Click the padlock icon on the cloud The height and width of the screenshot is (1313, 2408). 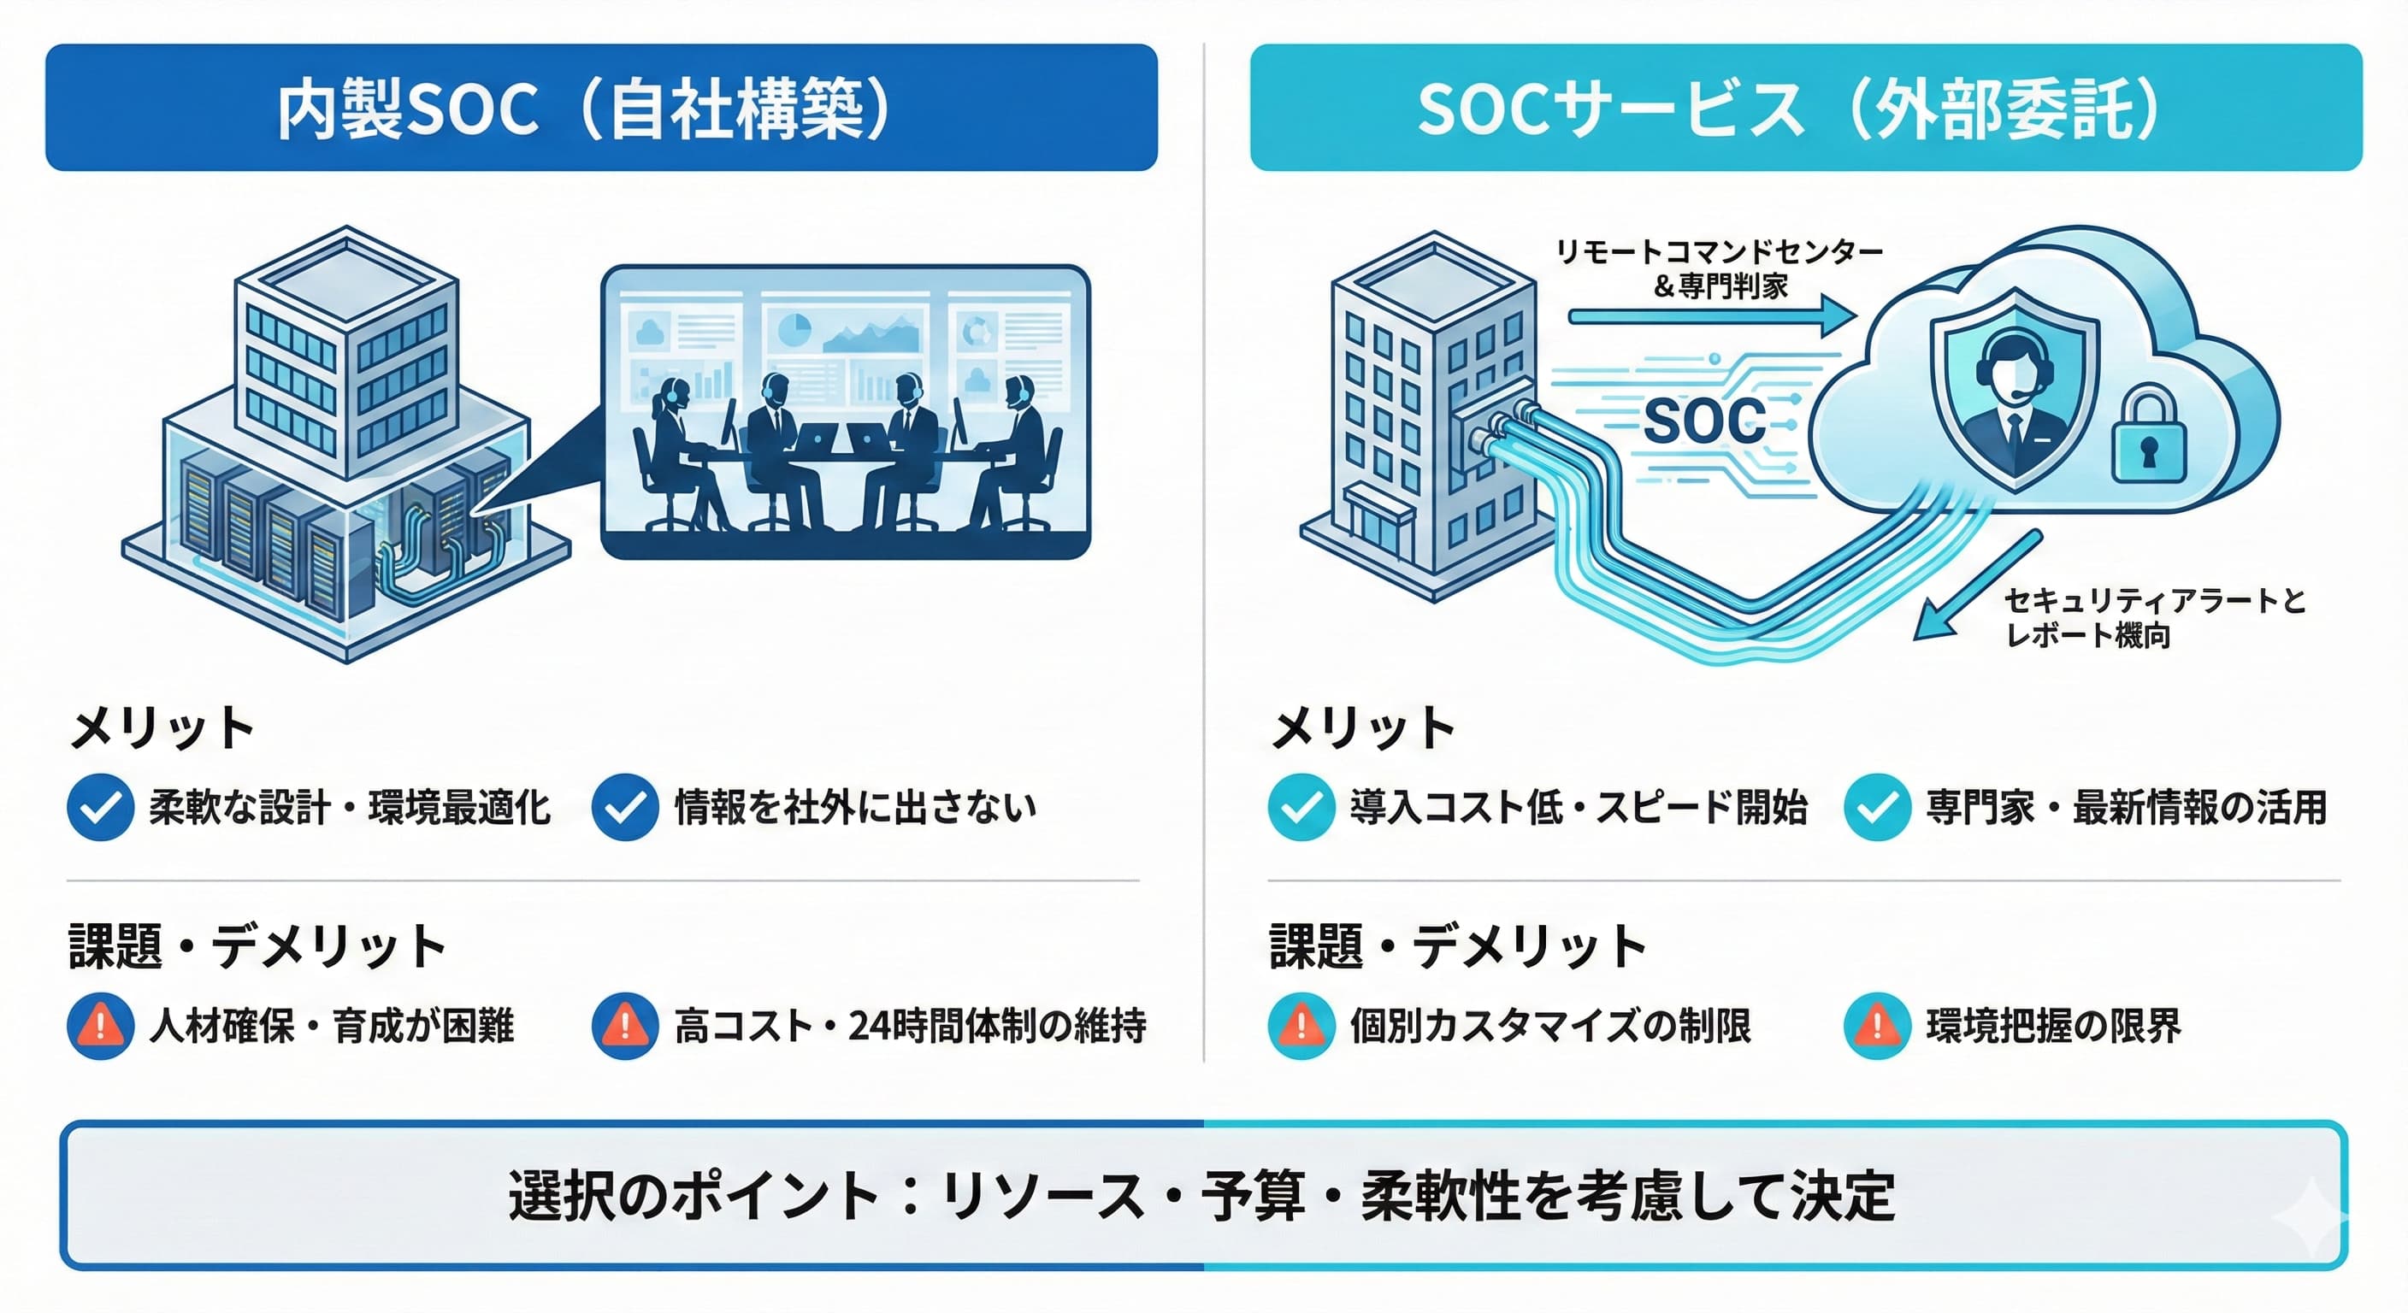click(2147, 438)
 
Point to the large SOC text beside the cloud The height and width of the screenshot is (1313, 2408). click(1704, 421)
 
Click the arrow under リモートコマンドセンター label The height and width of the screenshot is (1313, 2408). click(1710, 316)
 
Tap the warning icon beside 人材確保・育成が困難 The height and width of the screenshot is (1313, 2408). click(100, 1025)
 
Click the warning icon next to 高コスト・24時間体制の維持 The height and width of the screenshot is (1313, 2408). click(624, 1025)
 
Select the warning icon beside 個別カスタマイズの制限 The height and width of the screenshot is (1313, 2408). click(1301, 1025)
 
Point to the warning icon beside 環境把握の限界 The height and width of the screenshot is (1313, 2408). click(1876, 1025)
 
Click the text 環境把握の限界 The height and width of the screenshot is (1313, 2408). click(2053, 1026)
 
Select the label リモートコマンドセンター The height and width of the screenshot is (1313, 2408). click(1718, 251)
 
